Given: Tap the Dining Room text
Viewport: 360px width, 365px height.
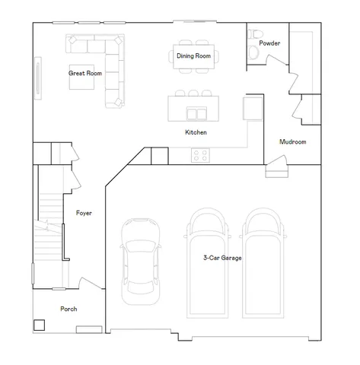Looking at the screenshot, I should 193,56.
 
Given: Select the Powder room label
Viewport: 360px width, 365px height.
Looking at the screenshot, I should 269,43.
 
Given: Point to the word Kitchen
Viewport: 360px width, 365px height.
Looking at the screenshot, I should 196,132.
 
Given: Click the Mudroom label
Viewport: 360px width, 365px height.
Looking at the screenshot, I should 293,141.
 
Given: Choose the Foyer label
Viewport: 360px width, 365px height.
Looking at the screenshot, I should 84,213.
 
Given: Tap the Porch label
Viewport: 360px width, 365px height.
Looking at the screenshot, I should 68,309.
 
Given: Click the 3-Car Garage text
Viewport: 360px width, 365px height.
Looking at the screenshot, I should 222,259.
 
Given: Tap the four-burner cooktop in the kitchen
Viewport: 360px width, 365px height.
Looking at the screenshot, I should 201,155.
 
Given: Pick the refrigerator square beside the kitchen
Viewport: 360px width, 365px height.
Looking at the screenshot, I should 252,107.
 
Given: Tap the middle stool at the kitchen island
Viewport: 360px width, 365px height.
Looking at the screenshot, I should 194,94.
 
